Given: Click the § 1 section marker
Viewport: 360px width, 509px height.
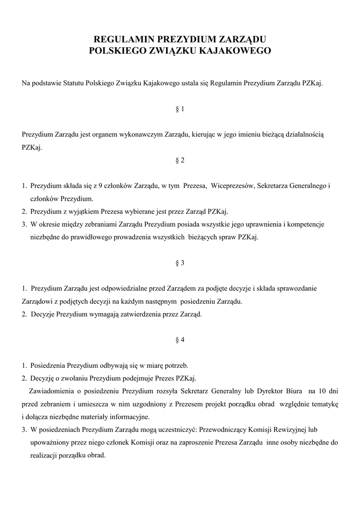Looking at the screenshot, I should (x=180, y=109).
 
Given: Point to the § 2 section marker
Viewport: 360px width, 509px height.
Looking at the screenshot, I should (x=180, y=160).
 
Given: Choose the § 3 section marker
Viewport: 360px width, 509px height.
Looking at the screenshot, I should (x=180, y=263).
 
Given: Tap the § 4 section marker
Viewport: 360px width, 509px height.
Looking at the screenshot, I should (x=180, y=340).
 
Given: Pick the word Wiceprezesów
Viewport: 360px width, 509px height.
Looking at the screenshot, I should (x=233, y=186).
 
